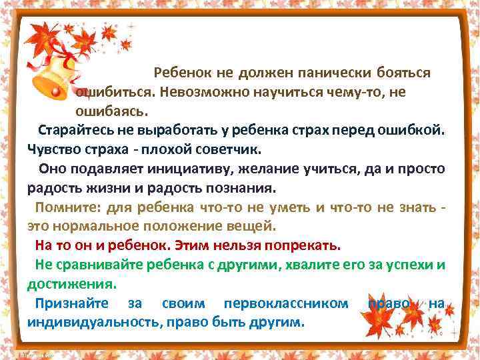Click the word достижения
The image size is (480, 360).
[71, 283]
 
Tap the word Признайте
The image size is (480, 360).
[73, 303]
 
